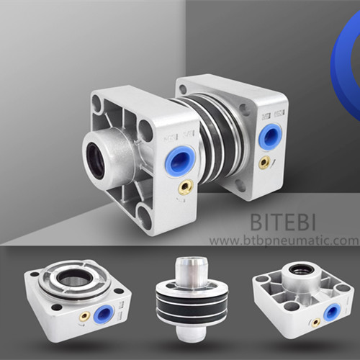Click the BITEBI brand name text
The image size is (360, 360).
(x=282, y=222)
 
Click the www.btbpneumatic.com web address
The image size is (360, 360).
(x=284, y=240)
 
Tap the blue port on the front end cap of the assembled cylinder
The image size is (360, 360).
(x=180, y=159)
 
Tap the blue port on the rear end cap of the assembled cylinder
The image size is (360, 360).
(x=271, y=135)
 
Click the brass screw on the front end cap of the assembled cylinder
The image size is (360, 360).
(x=186, y=186)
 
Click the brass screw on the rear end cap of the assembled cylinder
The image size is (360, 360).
(x=265, y=161)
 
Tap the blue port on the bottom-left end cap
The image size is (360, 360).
(x=104, y=315)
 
